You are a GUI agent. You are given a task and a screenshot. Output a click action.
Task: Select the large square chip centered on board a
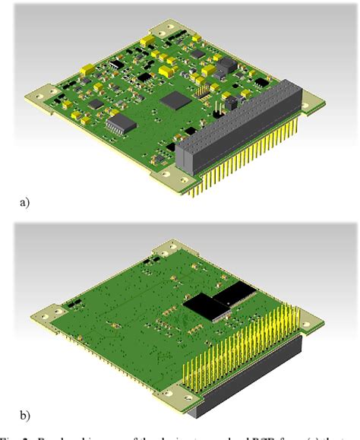[x=176, y=99]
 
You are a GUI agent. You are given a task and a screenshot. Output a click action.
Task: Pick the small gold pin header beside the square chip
[x=204, y=90]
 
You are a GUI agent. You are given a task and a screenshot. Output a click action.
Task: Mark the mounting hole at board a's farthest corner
[x=163, y=30]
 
